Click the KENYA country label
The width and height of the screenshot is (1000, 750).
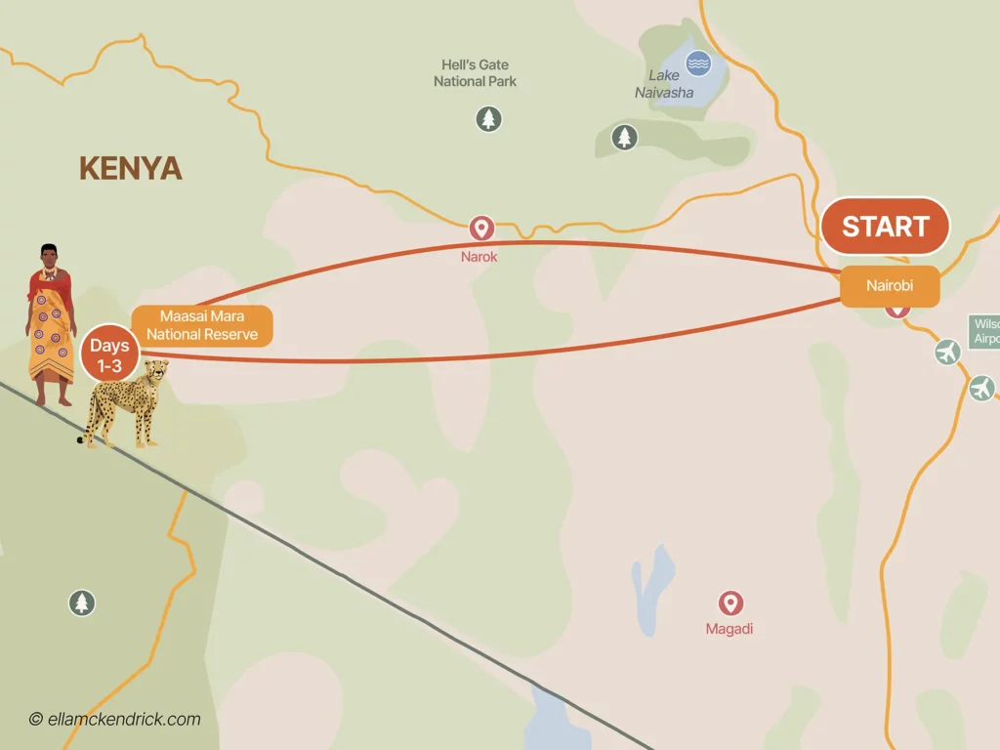130,168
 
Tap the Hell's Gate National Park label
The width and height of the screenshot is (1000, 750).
475,73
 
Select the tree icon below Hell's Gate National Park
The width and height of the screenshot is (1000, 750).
488,120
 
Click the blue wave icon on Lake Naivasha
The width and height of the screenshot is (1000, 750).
698,63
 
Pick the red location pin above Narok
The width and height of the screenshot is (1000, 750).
479,229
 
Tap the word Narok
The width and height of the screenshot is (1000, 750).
479,257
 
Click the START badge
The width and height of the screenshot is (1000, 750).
885,227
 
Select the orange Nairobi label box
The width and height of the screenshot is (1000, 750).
890,286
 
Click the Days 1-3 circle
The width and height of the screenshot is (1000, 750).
109,354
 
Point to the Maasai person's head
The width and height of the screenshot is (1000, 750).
49,257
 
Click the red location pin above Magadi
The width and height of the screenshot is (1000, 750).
730,604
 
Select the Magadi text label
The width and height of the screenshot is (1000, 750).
729,629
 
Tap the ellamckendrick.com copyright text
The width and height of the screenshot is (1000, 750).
114,720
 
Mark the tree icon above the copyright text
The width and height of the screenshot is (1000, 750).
82,603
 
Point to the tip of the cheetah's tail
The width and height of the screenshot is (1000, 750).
81,441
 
